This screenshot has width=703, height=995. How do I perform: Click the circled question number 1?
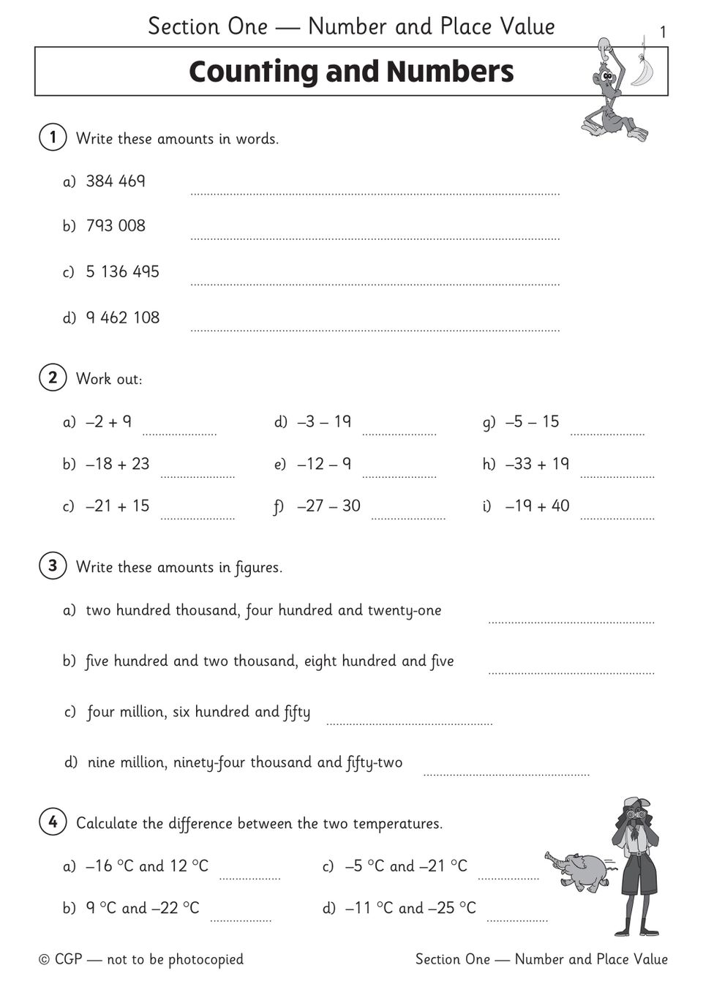click(x=53, y=138)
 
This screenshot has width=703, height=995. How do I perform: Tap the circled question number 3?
click(x=53, y=566)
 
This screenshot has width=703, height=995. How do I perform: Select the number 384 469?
click(x=116, y=181)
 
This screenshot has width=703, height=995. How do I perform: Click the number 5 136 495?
click(x=122, y=271)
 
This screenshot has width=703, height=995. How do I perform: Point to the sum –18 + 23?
click(x=117, y=464)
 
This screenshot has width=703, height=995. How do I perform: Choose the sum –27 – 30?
click(x=328, y=506)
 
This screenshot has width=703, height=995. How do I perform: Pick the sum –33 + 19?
click(x=537, y=464)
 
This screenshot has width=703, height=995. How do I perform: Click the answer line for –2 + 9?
click(x=179, y=433)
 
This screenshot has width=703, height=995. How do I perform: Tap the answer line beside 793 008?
click(x=375, y=237)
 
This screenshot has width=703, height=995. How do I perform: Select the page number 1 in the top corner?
click(x=663, y=32)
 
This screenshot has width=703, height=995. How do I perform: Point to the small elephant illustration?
click(x=578, y=870)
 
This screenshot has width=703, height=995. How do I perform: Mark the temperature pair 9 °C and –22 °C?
click(x=142, y=908)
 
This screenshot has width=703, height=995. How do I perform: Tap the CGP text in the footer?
click(x=68, y=959)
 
